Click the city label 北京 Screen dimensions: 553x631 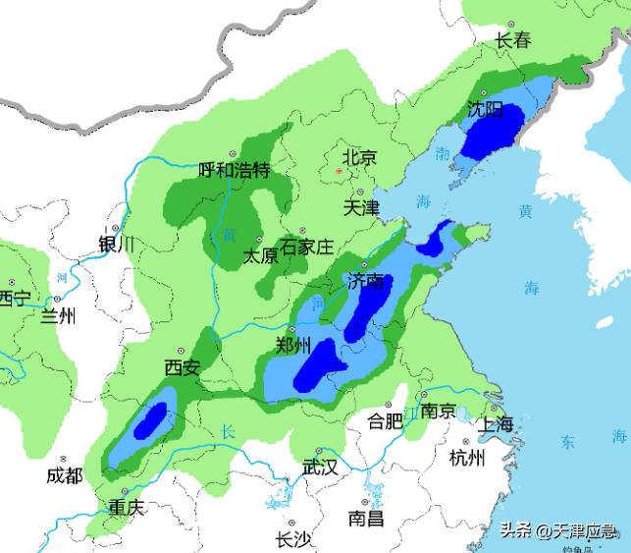pos(358,157)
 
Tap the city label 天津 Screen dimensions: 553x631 pos(361,208)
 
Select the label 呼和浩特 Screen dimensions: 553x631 pos(234,170)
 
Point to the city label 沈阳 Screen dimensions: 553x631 pos(484,108)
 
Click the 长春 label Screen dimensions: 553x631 pos(512,41)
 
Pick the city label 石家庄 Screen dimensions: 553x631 pos(307,247)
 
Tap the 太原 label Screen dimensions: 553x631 pos(260,256)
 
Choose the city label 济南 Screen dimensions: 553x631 pos(365,281)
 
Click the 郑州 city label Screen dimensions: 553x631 pos(294,345)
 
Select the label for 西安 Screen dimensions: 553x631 pos(182,368)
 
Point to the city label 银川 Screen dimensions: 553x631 pos(117,245)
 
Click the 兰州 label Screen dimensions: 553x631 pos(57,316)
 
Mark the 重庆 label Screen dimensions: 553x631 pos(127,508)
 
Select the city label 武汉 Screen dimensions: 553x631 pos(320,468)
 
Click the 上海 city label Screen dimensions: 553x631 pos(495,424)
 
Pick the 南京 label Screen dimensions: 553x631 pos(437,411)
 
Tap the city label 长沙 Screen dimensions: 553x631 pos(293,538)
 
